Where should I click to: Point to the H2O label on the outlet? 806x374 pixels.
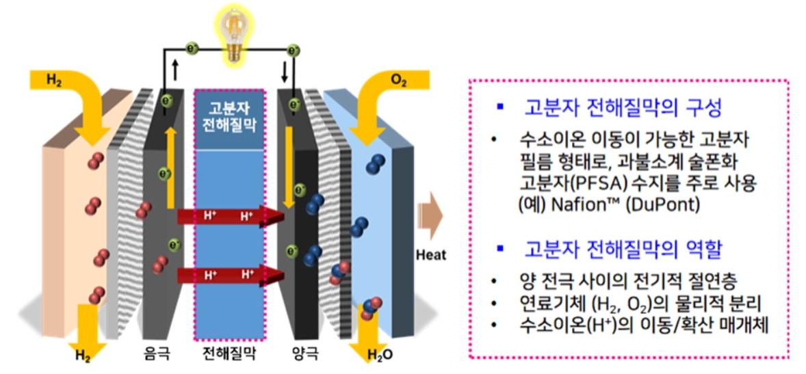click(380, 355)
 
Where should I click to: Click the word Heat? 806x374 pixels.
click(431, 255)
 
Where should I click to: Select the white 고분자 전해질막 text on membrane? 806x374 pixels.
click(229, 117)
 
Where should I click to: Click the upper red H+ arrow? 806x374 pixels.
click(230, 216)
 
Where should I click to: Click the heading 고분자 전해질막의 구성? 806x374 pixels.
click(620, 108)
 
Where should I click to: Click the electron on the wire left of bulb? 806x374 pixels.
click(193, 49)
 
